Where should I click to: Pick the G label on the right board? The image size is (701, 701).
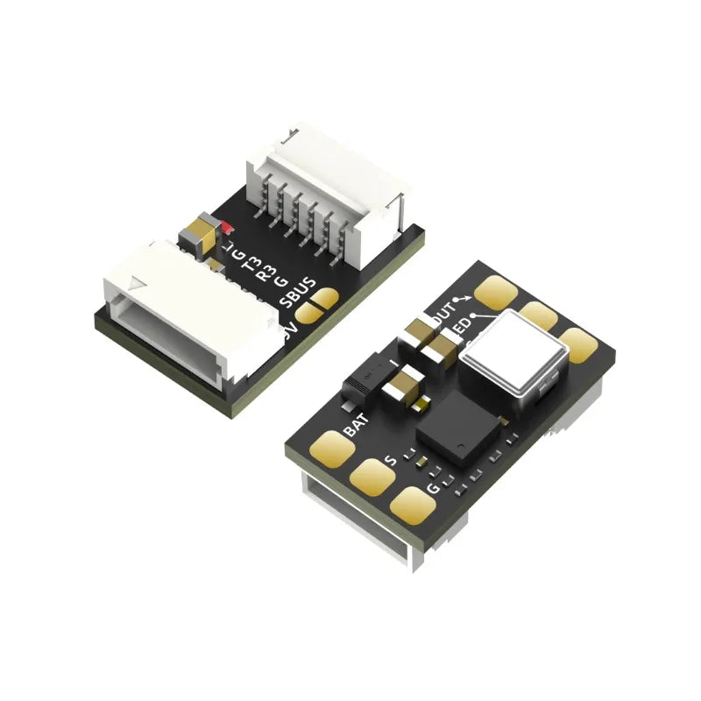431,488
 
